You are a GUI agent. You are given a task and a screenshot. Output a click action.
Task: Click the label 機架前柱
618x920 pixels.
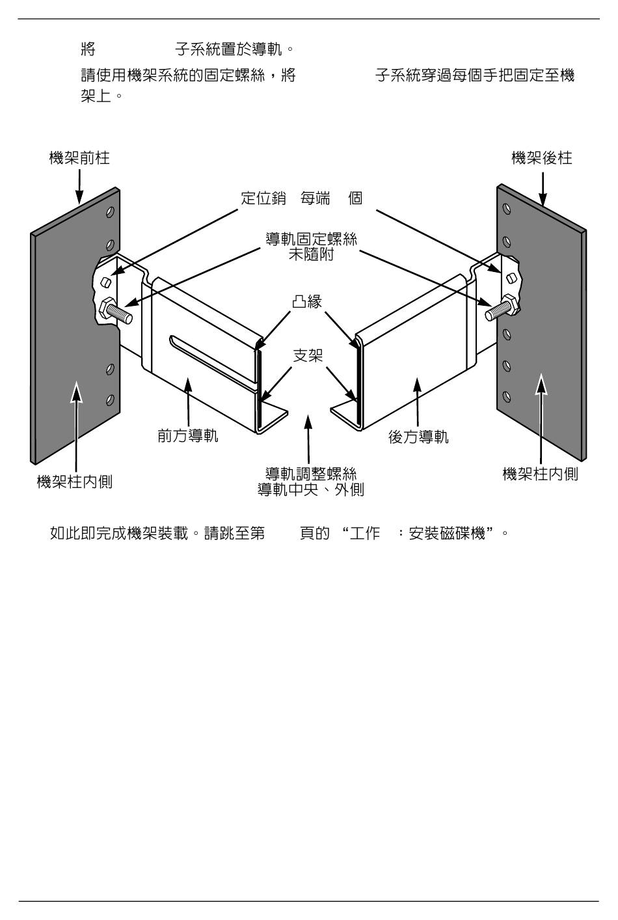79,158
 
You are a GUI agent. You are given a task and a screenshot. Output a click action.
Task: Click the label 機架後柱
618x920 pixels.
542,158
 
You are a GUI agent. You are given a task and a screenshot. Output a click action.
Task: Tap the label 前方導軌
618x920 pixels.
188,436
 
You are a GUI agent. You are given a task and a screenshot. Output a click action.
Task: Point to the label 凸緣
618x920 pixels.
307,301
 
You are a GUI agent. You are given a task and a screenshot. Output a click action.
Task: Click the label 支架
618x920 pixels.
307,355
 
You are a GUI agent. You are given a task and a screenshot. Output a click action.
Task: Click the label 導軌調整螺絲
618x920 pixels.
311,474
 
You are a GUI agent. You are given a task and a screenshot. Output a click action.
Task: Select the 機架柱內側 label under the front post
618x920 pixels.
75,482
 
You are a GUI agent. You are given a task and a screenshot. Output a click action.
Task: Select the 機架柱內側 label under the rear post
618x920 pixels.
541,474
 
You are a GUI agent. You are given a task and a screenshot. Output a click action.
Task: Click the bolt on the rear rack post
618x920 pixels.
502,308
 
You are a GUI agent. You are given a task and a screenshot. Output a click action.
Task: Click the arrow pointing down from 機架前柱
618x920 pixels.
79,185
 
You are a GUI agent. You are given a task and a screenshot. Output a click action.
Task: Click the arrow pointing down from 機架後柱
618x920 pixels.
542,185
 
